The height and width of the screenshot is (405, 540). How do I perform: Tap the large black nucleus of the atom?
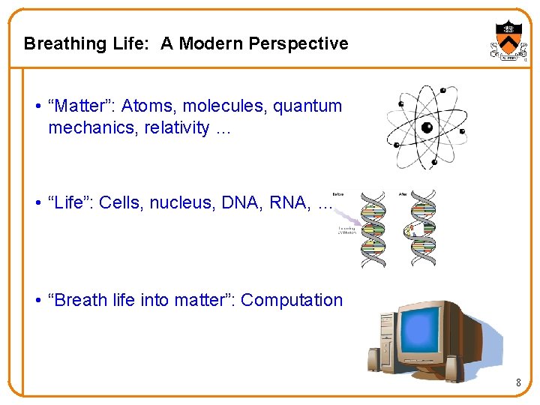pyautogui.click(x=427, y=127)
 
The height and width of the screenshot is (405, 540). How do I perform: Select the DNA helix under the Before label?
pyautogui.click(x=373, y=229)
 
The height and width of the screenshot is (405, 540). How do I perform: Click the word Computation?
pyautogui.click(x=292, y=301)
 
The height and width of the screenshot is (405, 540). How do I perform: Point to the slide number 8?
pyautogui.click(x=517, y=383)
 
